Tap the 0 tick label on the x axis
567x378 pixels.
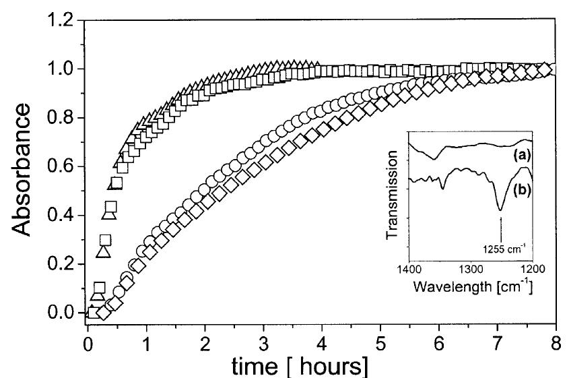pos(88,341)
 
